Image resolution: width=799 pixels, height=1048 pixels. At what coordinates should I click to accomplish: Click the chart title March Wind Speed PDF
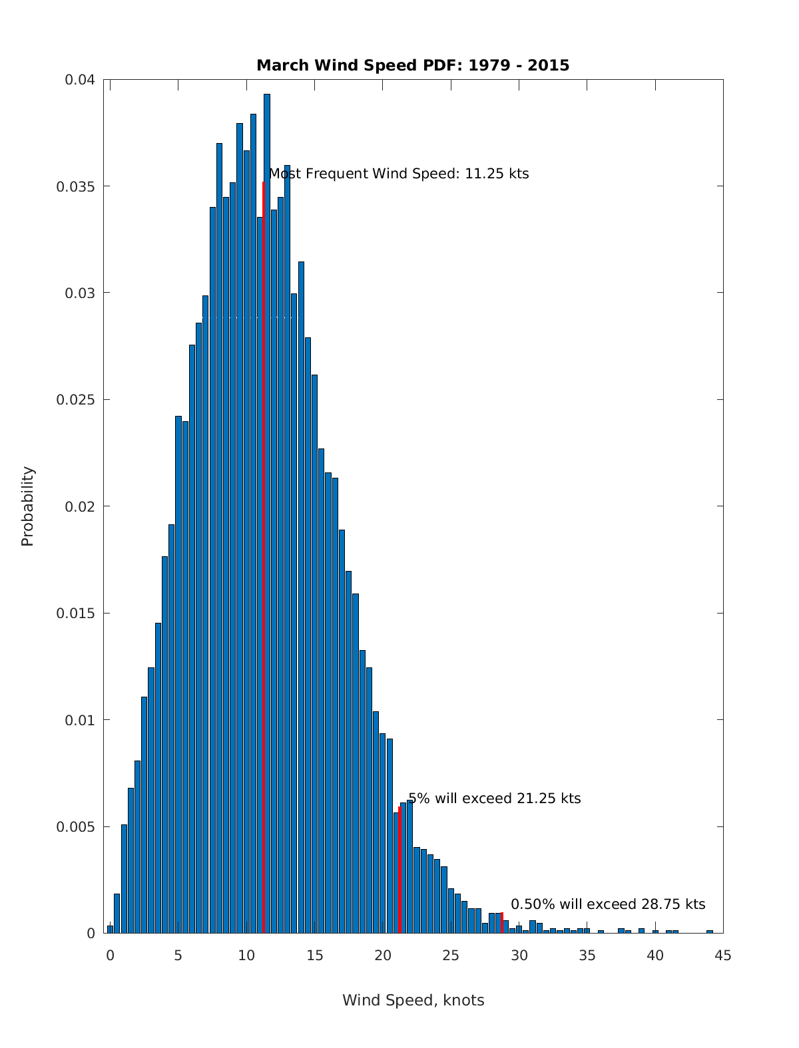413,65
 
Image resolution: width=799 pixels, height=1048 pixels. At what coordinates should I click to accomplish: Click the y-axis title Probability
27,506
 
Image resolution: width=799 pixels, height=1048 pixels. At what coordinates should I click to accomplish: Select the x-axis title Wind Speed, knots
413,1000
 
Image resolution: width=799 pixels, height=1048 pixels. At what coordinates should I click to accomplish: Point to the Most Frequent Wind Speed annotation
399,174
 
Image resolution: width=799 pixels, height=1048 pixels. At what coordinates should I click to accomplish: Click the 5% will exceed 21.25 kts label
494,798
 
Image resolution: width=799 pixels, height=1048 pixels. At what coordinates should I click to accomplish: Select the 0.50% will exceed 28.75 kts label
607,904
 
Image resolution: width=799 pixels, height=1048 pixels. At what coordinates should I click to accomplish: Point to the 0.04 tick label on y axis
80,80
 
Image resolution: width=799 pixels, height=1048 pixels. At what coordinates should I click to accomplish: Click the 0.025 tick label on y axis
76,400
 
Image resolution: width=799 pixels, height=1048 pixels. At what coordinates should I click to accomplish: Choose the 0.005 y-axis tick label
76,826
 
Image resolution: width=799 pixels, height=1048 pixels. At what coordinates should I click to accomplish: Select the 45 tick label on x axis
723,956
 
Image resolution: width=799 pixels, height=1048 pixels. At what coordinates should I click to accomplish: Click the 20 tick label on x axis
383,956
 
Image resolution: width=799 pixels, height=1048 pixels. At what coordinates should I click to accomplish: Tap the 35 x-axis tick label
587,956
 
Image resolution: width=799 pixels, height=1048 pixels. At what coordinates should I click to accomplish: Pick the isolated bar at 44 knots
710,932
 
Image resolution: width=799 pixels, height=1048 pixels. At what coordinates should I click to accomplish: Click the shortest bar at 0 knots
111,930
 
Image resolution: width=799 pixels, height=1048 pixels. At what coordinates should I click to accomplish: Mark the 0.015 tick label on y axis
76,613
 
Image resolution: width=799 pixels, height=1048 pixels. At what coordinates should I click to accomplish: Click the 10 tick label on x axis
246,956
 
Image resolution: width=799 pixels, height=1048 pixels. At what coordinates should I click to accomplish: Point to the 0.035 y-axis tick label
76,186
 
